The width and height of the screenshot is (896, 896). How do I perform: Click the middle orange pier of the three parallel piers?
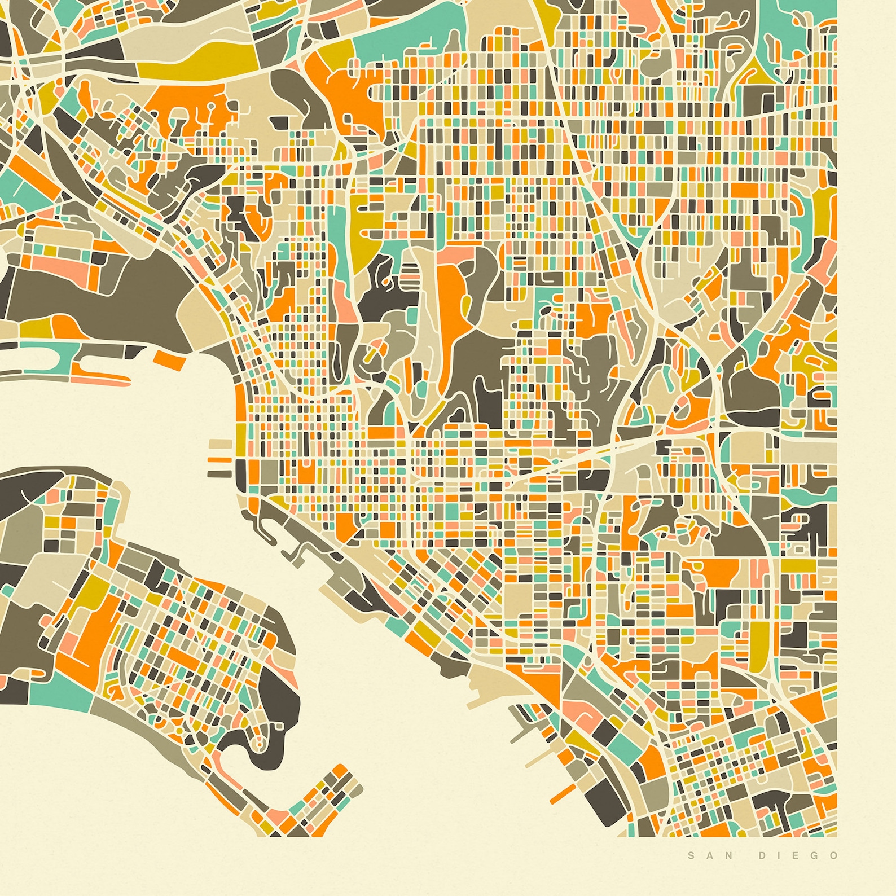pos(219,459)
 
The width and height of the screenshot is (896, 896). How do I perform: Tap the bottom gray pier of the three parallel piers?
pos(219,473)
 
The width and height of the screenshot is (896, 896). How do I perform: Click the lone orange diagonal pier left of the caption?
pos(562,793)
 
